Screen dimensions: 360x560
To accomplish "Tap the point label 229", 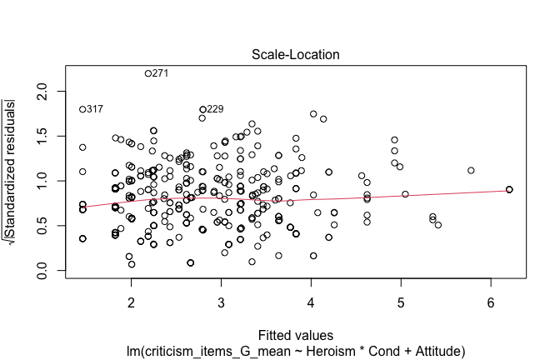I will pos(215,109).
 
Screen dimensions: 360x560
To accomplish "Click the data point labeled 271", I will pos(148,73).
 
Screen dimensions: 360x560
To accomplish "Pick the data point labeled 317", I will pos(82,109).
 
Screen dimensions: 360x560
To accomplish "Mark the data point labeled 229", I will pos(202,109).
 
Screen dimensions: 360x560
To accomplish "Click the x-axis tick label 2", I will pos(131,300).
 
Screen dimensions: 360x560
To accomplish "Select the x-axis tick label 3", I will pos(221,300).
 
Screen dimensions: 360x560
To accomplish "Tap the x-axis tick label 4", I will pos(311,300).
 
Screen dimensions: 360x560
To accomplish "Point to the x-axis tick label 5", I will pos(401,300).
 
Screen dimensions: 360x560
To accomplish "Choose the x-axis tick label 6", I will pos(491,300).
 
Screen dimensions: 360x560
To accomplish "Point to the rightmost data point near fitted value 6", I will pos(509,190).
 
